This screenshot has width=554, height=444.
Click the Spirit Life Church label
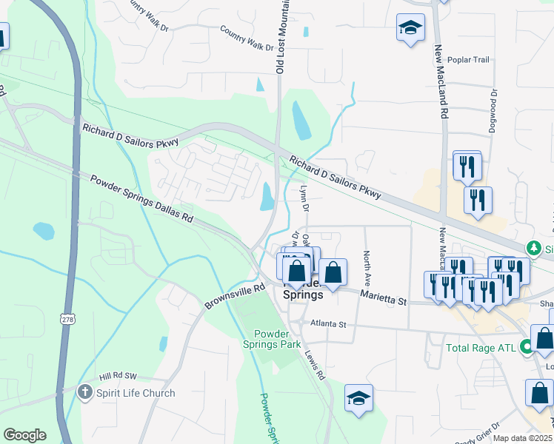tap(135, 393)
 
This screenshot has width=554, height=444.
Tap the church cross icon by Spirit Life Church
tap(86, 393)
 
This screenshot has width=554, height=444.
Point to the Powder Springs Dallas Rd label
tap(141, 199)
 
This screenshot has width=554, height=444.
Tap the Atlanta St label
tap(328, 323)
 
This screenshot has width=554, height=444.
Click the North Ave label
tap(367, 269)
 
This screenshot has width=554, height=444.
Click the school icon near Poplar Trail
tap(410, 29)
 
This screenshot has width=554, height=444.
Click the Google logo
tap(24, 435)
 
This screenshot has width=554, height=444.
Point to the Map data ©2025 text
tap(522, 438)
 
